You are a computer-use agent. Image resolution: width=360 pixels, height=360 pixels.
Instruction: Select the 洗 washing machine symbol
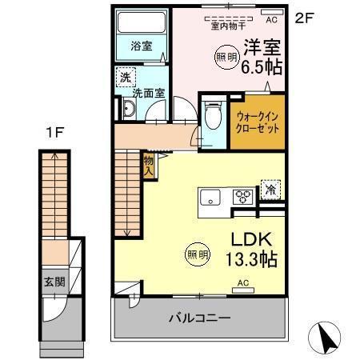point(125,78)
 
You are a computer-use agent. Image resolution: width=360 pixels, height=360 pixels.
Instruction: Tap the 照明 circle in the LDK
point(198,254)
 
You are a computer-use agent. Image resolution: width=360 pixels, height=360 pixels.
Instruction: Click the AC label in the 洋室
point(270,19)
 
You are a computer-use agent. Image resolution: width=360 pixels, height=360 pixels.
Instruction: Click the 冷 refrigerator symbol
point(271,191)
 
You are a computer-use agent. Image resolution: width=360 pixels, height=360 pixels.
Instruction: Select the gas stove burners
point(242,197)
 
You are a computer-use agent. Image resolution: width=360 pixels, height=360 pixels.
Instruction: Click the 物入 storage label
point(148,166)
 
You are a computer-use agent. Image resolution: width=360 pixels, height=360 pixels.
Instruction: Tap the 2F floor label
point(303,17)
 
